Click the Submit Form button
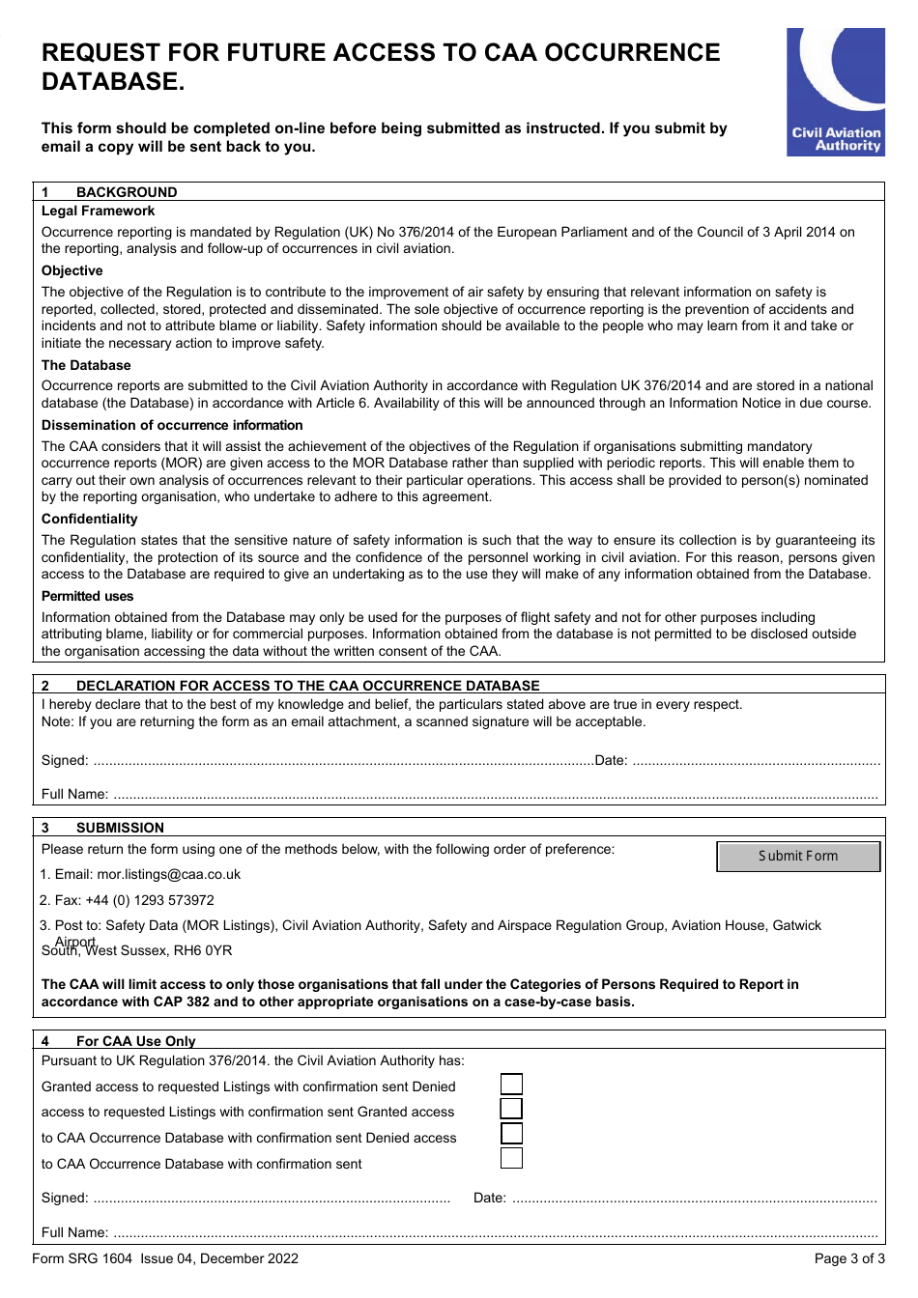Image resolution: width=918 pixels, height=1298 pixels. tap(798, 857)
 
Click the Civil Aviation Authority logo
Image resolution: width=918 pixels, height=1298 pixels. tap(835, 92)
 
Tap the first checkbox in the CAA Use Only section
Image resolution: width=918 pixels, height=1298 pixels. tap(511, 1085)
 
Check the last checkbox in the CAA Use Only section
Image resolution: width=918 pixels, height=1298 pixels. tap(511, 1158)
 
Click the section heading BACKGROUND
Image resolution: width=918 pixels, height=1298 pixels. tap(127, 192)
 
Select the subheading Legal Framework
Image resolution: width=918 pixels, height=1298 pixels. tap(98, 211)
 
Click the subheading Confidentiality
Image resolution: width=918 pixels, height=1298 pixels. tap(89, 520)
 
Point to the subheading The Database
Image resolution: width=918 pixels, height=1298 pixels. tap(86, 366)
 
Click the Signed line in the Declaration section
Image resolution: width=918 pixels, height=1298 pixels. tap(343, 761)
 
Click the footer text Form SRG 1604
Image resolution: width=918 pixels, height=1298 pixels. tap(82, 1258)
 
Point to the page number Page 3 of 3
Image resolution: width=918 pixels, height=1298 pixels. tap(848, 1258)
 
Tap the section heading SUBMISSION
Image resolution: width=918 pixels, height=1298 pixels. tap(120, 828)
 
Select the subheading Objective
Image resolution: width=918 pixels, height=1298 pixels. tap(72, 271)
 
